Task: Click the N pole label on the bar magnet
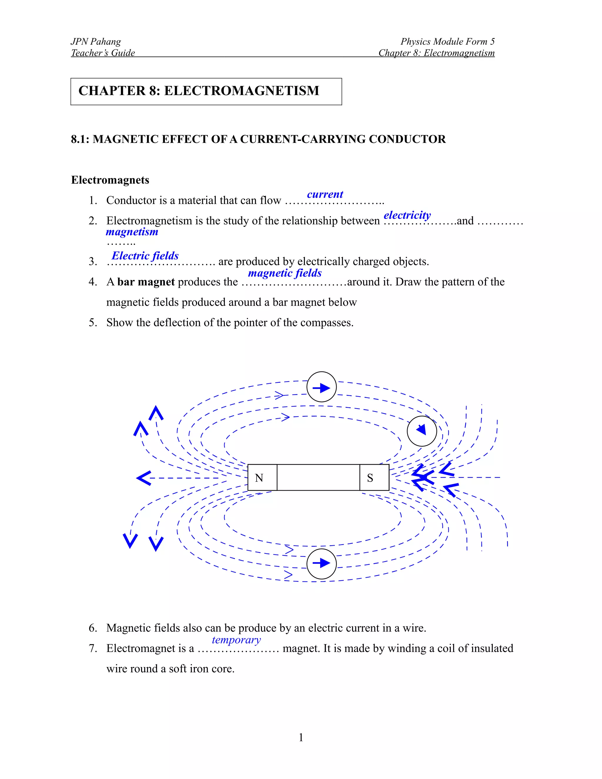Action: [259, 478]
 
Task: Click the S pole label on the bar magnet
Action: [370, 478]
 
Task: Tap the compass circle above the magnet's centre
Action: [322, 387]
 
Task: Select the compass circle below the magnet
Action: [322, 564]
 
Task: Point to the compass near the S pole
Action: [422, 431]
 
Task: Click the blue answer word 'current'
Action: [325, 194]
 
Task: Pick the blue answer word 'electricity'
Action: [407, 215]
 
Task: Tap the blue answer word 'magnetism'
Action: [132, 232]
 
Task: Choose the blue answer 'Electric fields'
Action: [145, 256]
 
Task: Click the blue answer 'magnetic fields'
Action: [285, 273]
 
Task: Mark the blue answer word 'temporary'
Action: [236, 640]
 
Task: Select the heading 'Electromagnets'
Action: [110, 180]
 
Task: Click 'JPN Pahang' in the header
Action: [96, 42]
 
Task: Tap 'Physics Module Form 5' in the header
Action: [448, 42]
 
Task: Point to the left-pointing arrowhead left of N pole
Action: [144, 478]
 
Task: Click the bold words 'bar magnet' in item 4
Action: [146, 282]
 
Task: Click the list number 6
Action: [93, 628]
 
